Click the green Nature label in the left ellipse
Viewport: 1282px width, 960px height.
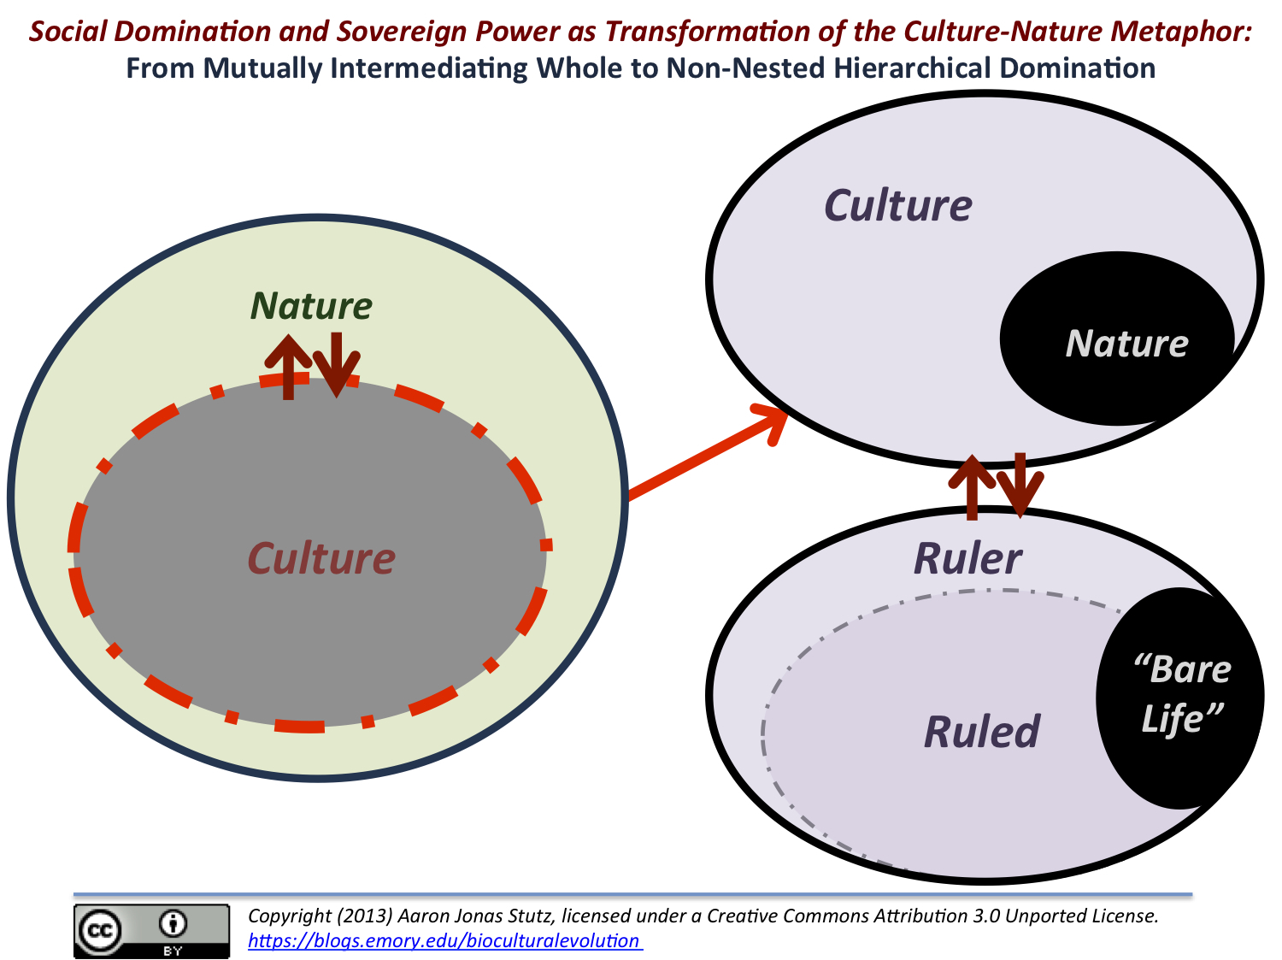[311, 306]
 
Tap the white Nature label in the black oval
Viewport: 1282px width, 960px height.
[1126, 344]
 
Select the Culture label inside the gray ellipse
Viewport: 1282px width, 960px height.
[321, 559]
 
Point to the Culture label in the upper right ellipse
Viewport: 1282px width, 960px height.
[897, 206]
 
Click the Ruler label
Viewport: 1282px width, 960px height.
[967, 559]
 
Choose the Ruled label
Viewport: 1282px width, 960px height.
[982, 733]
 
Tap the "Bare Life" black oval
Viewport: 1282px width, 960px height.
[1180, 697]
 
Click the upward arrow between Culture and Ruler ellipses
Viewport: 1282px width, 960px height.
[971, 487]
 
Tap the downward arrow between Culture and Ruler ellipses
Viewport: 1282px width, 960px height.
[1020, 486]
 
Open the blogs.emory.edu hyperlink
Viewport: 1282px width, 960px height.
[444, 941]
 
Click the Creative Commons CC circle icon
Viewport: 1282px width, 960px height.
[102, 931]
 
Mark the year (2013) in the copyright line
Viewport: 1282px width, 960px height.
[365, 916]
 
